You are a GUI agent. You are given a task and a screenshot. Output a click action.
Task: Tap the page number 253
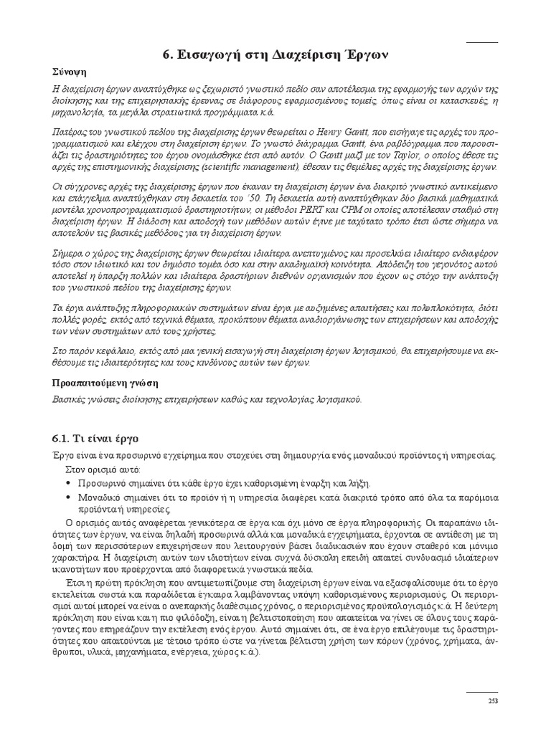(493, 701)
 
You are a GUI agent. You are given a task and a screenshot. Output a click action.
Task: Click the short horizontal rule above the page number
(482, 692)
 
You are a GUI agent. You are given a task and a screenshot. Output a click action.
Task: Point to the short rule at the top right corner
(482, 43)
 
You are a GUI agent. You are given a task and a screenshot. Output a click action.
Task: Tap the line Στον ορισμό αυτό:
(100, 470)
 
